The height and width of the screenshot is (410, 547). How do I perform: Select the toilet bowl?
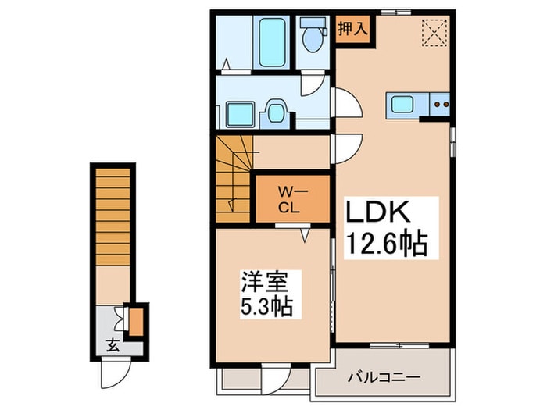(x=313, y=40)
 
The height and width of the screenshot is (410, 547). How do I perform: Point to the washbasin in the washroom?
(x=276, y=112)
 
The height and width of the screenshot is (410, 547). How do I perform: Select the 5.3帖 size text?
(x=263, y=307)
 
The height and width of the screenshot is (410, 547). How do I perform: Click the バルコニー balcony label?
(x=383, y=377)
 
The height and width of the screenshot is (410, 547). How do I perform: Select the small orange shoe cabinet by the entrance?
(x=136, y=322)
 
